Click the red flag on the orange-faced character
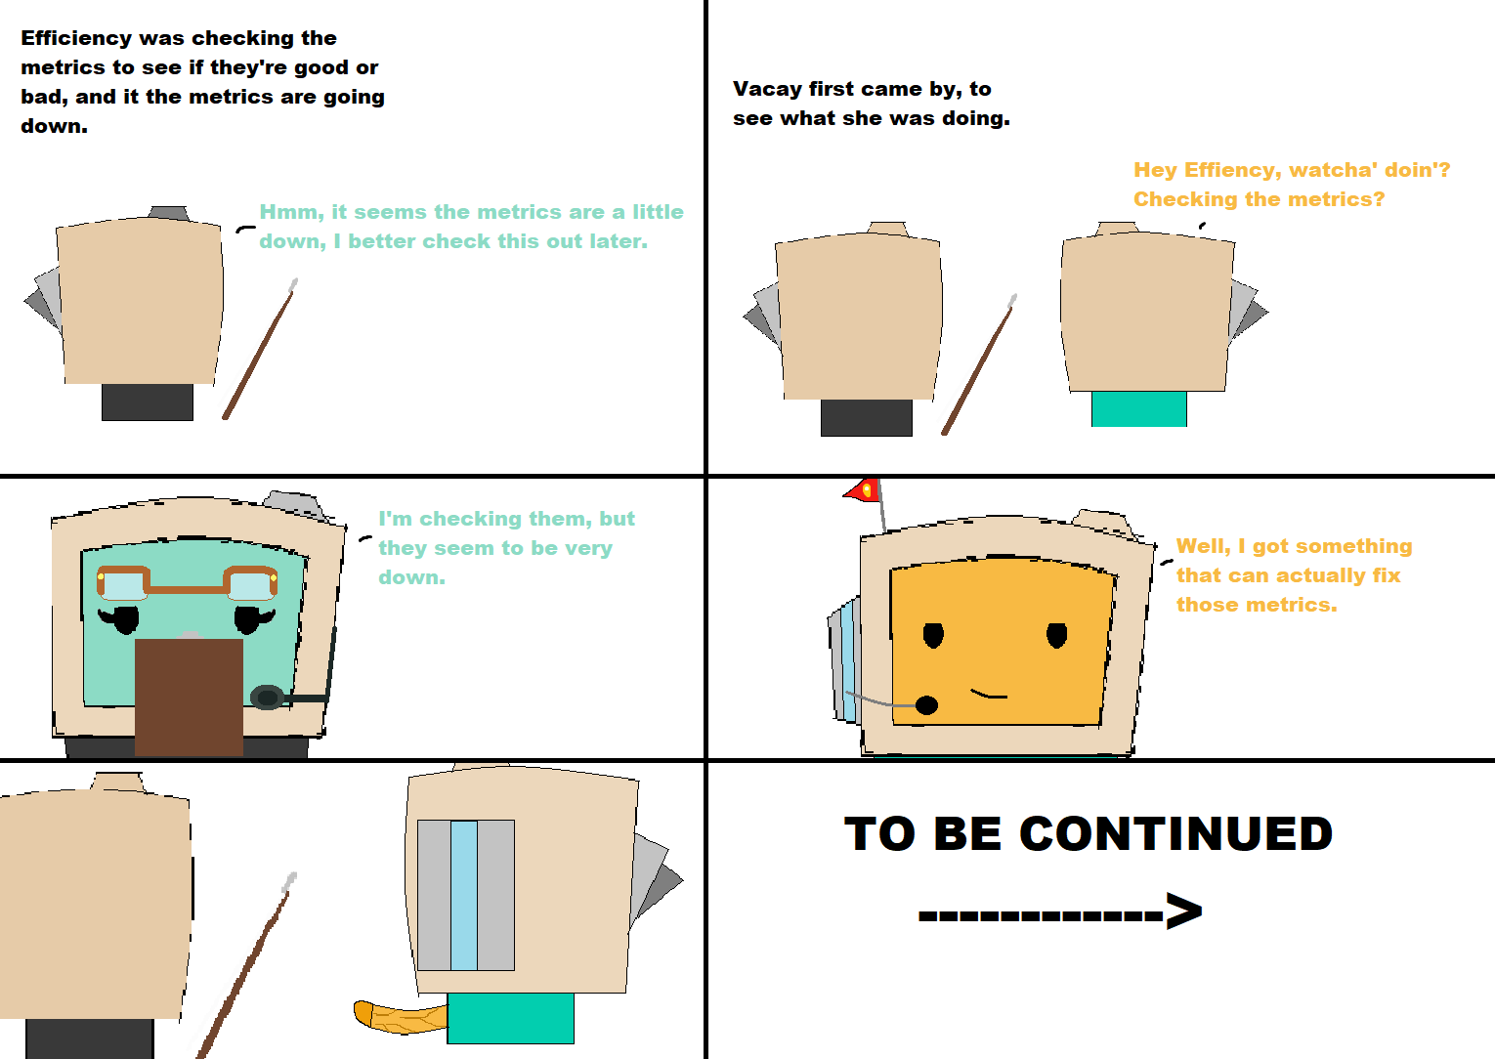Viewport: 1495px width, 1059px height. tap(862, 490)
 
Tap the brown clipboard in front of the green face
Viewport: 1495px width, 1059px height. tap(189, 698)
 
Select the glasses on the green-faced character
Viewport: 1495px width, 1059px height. tap(188, 583)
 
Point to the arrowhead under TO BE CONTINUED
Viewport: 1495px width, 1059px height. tap(1184, 911)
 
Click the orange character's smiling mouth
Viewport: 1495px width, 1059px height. tap(989, 694)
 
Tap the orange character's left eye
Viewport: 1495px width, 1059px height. tap(933, 635)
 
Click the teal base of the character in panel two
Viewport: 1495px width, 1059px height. tap(1138, 408)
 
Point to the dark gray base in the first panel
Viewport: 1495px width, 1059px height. tap(148, 402)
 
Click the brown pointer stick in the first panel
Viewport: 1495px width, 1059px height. tap(260, 349)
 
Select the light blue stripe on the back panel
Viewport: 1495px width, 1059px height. tap(464, 895)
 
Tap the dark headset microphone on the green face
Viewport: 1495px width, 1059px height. tap(267, 698)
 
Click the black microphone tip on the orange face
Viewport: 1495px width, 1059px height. tap(926, 704)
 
